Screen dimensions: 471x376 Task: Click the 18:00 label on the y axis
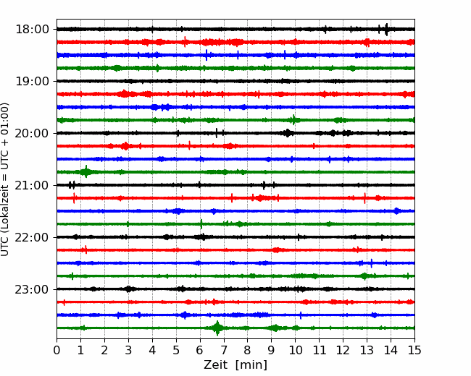point(32,30)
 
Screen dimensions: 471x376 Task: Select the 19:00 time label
point(32,81)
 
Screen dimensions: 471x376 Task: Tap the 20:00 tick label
point(32,133)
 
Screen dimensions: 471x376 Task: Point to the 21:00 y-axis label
point(32,185)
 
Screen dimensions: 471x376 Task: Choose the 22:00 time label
point(32,237)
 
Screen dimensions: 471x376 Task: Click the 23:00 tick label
point(32,289)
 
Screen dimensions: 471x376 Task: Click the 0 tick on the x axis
point(57,350)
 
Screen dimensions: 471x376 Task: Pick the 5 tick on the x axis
point(176,350)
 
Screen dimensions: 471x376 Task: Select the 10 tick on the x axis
point(295,350)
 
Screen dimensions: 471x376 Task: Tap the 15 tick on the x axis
point(414,350)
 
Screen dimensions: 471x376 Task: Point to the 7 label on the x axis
point(224,350)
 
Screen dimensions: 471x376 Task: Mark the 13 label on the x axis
point(367,350)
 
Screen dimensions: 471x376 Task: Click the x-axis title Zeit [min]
point(236,364)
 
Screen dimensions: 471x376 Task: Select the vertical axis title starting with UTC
point(5,179)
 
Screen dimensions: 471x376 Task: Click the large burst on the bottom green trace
point(217,328)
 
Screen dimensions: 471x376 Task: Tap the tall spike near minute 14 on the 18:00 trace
point(386,30)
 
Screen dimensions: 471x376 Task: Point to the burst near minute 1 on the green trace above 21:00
point(86,172)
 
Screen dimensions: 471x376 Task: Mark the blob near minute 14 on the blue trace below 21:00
point(396,211)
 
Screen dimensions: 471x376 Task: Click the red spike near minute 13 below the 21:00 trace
point(364,198)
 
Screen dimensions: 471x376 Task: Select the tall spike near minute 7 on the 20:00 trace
point(217,133)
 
